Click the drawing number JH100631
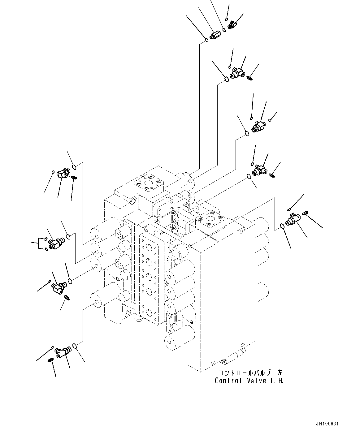[328, 424]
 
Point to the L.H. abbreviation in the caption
[277, 381]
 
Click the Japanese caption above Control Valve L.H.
[250, 373]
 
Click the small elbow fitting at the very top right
[232, 24]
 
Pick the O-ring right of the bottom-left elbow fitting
[75, 346]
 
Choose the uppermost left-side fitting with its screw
[64, 173]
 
